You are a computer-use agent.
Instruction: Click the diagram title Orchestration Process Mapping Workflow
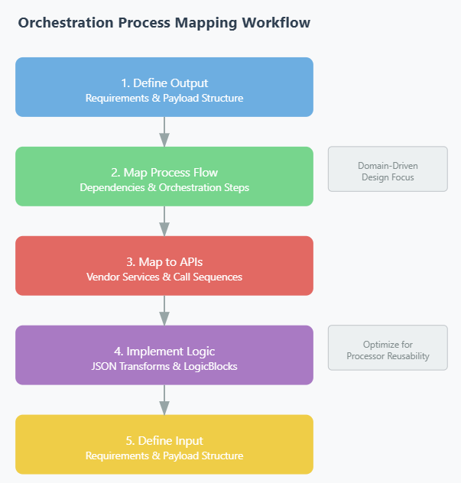pos(164,23)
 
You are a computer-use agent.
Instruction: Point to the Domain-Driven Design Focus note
pos(388,169)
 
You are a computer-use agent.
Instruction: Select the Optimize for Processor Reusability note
pos(388,348)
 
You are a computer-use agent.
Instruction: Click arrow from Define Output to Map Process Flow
pos(164,131)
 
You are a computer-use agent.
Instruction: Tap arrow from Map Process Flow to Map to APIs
pos(164,221)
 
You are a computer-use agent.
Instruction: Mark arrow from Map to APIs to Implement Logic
pos(164,310)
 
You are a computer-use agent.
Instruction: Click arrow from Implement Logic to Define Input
pos(164,400)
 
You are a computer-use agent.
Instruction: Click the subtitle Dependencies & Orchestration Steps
pos(164,187)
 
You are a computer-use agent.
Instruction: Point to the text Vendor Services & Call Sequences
pos(164,277)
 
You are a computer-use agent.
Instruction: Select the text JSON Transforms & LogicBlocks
pos(164,366)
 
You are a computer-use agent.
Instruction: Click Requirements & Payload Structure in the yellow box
pos(164,455)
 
